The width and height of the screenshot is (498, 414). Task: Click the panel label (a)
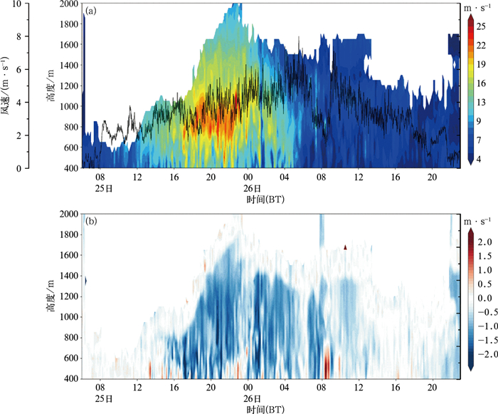[91, 11]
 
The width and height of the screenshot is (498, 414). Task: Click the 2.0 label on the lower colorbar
[485, 242]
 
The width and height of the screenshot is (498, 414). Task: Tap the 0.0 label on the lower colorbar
[485, 296]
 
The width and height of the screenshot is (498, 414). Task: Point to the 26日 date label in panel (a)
[248, 188]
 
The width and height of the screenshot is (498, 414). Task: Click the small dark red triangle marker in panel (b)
[345, 247]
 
